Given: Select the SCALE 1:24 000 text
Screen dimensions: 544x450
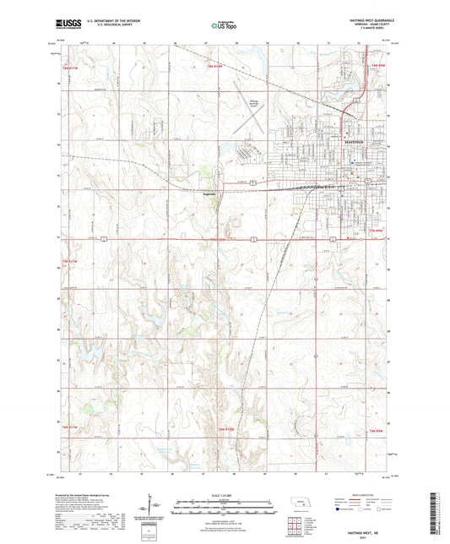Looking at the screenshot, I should coord(225,495).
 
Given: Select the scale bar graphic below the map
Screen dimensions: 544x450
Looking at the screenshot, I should coord(225,505).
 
